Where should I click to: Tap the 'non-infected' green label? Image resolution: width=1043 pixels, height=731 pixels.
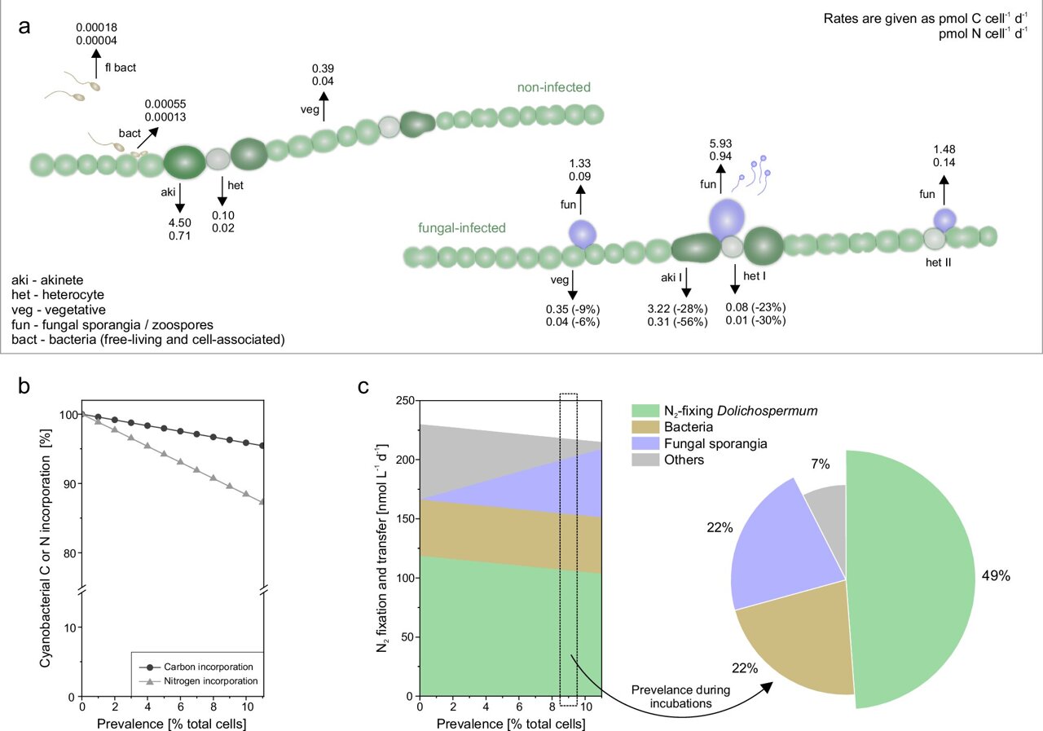tap(553, 87)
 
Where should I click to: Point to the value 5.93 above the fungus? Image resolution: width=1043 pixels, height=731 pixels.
tap(720, 143)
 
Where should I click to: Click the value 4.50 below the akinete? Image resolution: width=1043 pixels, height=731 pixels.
tap(179, 222)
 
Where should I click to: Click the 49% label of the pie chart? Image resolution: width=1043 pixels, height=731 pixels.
tap(994, 575)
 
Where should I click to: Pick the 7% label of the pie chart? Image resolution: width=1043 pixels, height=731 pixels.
tap(820, 465)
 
